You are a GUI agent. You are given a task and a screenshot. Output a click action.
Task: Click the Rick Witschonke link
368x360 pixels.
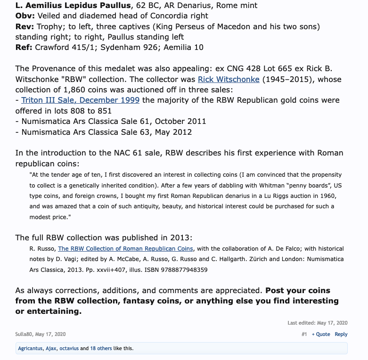coord(229,79)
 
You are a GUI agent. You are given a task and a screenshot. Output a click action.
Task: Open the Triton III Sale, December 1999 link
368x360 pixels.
coord(80,100)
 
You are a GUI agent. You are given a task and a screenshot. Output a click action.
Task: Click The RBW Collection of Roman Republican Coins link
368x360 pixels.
coord(125,249)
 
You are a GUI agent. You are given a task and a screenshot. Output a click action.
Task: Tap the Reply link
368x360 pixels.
coord(341,334)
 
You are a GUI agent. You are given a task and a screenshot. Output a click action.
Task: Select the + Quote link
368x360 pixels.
coord(321,334)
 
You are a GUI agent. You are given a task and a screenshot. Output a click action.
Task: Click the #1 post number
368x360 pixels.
coord(304,334)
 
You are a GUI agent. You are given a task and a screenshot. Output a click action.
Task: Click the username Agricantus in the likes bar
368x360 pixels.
coord(30,348)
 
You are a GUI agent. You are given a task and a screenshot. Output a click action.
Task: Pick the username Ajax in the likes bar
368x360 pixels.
coord(51,348)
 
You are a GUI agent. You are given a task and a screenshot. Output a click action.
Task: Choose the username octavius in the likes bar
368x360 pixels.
coord(69,348)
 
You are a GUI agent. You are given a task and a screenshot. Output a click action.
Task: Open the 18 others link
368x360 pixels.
coord(101,348)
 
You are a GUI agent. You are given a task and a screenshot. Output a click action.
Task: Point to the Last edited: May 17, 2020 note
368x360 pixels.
coord(317,323)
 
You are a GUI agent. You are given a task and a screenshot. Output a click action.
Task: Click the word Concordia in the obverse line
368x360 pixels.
coord(167,16)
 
